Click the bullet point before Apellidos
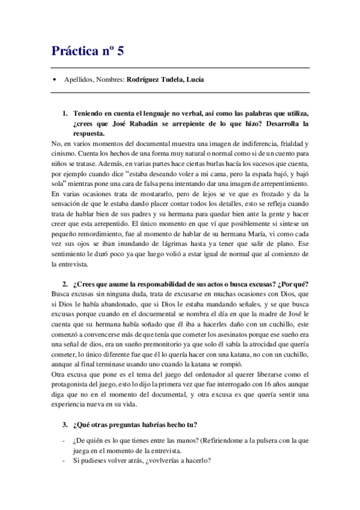coord(55,80)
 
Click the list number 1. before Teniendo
coord(65,114)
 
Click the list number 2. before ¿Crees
coord(65,284)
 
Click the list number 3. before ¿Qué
coord(65,425)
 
